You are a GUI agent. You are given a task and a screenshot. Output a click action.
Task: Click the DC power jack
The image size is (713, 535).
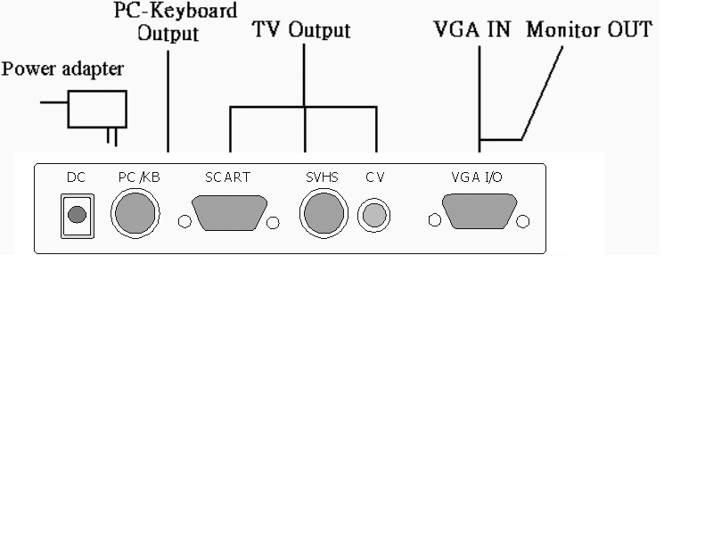pyautogui.click(x=77, y=214)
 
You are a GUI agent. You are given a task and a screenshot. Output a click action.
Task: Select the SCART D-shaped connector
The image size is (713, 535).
pyautogui.click(x=229, y=215)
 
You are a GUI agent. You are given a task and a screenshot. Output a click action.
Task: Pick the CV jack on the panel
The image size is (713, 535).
pyautogui.click(x=374, y=215)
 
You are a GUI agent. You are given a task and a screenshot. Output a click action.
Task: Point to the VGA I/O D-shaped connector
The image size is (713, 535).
pyautogui.click(x=479, y=215)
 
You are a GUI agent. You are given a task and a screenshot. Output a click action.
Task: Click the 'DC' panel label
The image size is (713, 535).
pyautogui.click(x=76, y=177)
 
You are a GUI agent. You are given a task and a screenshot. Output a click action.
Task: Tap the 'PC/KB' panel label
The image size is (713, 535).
pyautogui.click(x=138, y=177)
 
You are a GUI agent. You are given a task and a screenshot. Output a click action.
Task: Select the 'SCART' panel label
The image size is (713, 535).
pyautogui.click(x=227, y=177)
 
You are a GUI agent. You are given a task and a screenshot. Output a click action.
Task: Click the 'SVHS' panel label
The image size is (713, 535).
pyautogui.click(x=322, y=177)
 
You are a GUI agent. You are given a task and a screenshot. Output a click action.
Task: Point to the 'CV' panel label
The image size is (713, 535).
pyautogui.click(x=374, y=177)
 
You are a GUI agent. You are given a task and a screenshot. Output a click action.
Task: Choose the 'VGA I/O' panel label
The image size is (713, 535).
pyautogui.click(x=477, y=177)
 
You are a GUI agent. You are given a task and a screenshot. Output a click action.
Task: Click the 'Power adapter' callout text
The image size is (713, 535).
pyautogui.click(x=62, y=69)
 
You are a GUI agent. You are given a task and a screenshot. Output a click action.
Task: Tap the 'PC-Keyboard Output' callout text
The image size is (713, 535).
pyautogui.click(x=176, y=23)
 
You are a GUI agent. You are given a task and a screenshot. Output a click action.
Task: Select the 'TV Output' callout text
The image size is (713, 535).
pyautogui.click(x=301, y=30)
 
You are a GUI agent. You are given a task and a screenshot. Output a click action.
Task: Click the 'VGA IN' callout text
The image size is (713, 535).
pyautogui.click(x=471, y=29)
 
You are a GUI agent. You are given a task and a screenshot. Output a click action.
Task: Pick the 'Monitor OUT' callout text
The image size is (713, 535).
pyautogui.click(x=589, y=29)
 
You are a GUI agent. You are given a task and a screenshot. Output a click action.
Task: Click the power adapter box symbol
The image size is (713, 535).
pyautogui.click(x=97, y=109)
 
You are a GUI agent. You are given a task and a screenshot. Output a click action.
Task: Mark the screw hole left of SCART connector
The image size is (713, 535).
pyautogui.click(x=185, y=222)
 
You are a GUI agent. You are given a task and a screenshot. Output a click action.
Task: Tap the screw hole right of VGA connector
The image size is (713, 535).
pyautogui.click(x=523, y=221)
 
